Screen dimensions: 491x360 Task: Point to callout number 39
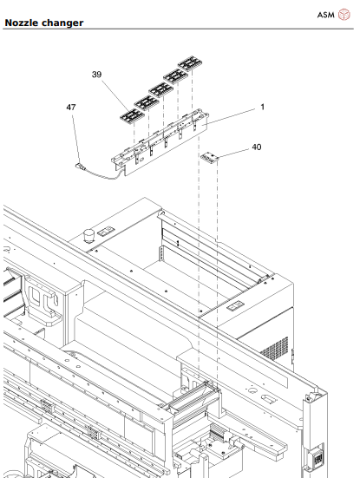[x=96, y=75]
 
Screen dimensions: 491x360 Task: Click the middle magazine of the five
[x=160, y=88]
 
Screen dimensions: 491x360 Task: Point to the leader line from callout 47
[x=75, y=134]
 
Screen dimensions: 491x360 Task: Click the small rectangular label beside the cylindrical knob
[x=105, y=231]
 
